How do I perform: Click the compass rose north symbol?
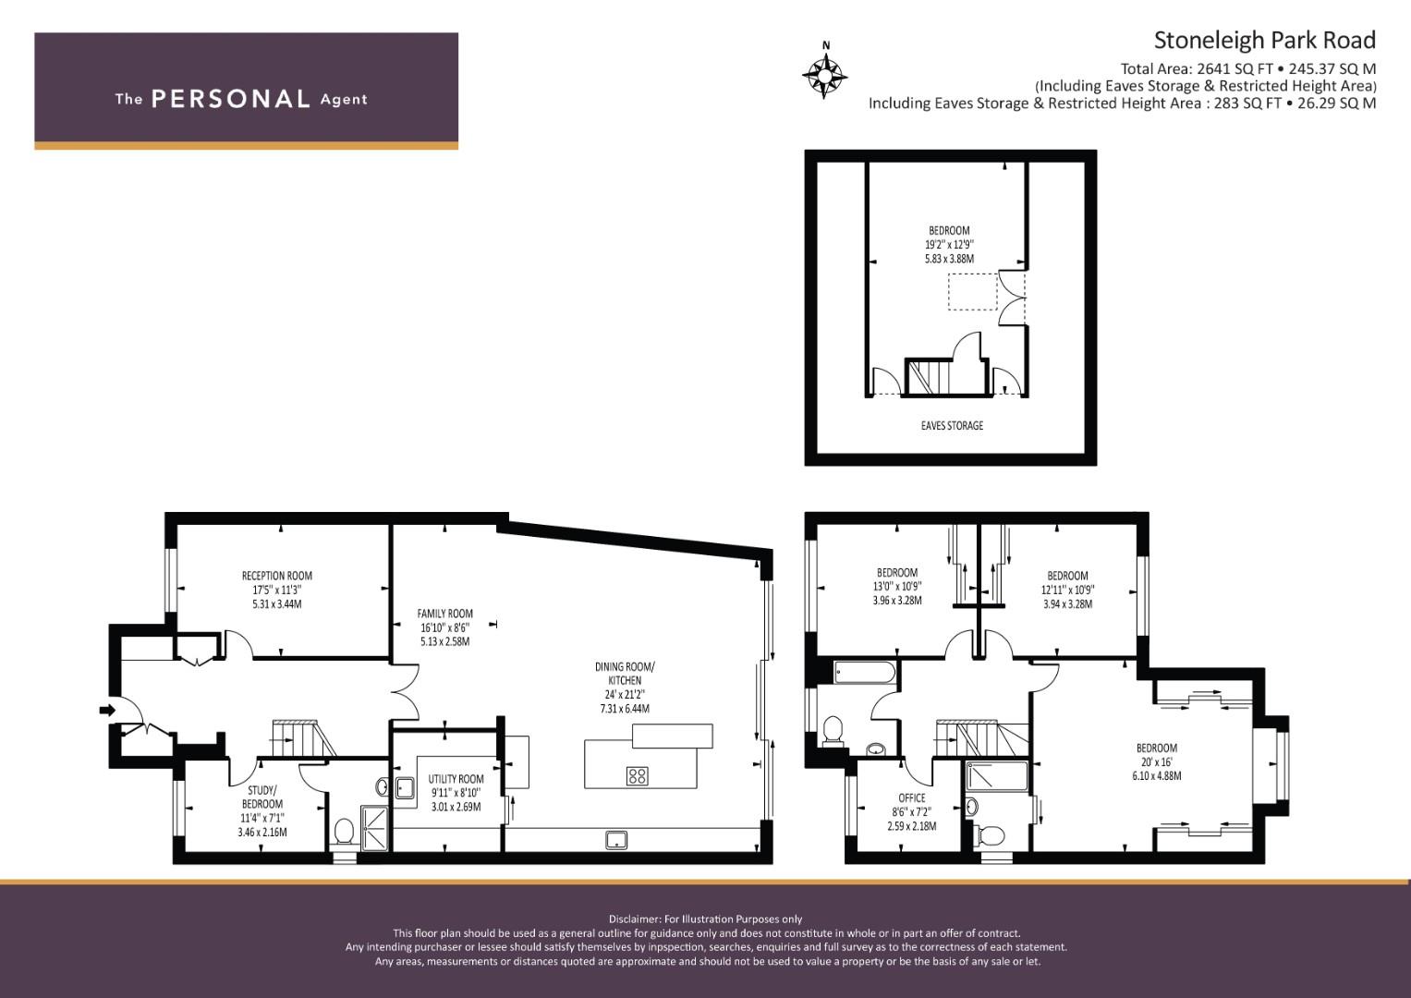pos(824,70)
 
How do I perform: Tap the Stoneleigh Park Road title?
pos(1264,41)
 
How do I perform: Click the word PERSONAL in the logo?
pos(231,99)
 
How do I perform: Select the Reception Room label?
pos(277,575)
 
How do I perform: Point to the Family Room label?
pos(444,613)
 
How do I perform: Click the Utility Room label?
pos(456,779)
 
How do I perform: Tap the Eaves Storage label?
pos(952,425)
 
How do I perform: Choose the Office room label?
pos(911,797)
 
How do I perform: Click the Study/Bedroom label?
pos(262,797)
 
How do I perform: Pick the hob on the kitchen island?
pos(638,775)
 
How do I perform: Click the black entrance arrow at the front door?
pos(107,710)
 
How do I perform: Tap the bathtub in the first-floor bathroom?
pos(864,673)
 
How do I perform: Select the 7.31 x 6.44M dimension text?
pos(625,708)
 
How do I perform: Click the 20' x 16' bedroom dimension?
pos(1157,761)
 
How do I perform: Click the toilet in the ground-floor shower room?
pos(344,831)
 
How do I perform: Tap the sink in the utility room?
pos(405,788)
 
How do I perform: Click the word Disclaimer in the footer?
pos(634,919)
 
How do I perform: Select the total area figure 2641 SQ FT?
pos(1239,68)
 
